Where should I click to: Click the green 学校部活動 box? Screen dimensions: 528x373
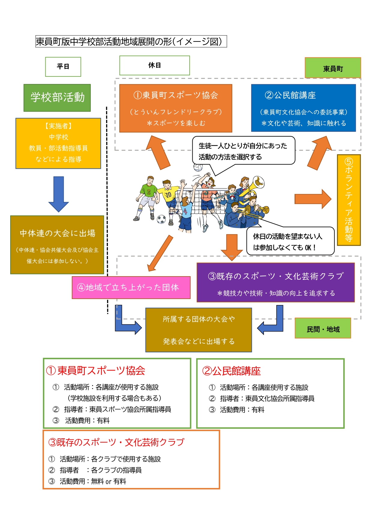pyautogui.click(x=57, y=97)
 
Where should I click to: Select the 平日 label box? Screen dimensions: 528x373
pyautogui.click(x=63, y=66)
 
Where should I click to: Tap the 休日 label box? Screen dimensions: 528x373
pyautogui.click(x=154, y=65)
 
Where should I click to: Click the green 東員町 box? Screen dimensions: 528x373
pyautogui.click(x=333, y=68)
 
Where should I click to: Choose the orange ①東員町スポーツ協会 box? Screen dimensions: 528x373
pyautogui.click(x=176, y=108)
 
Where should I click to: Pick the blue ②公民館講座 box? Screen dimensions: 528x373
pyautogui.click(x=303, y=108)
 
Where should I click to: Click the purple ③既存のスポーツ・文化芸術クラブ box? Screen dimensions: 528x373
pyautogui.click(x=275, y=282)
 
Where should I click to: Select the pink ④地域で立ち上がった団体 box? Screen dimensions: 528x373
pyautogui.click(x=131, y=287)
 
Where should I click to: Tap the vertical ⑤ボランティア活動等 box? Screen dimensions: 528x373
pyautogui.click(x=349, y=200)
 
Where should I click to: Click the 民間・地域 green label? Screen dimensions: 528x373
pyautogui.click(x=323, y=328)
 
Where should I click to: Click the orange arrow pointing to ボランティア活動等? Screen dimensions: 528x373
pyautogui.click(x=313, y=199)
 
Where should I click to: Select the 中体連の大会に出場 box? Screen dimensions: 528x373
pyautogui.click(x=57, y=244)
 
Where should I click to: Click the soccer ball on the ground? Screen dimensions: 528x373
pyautogui.click(x=161, y=219)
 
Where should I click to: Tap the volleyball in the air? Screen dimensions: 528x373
pyautogui.click(x=198, y=167)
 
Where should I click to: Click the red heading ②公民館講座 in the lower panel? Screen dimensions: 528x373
pyautogui.click(x=231, y=371)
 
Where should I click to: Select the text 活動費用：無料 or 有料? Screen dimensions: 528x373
pyautogui.click(x=93, y=481)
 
